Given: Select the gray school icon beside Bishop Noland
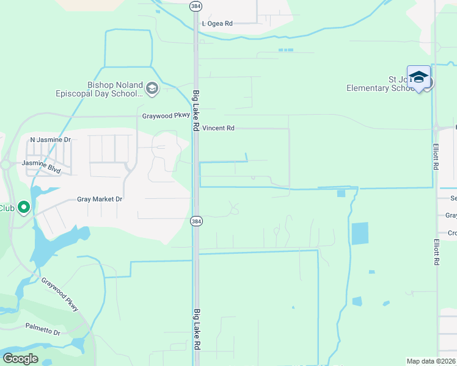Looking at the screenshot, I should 152,90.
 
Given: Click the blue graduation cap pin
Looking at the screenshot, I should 419,77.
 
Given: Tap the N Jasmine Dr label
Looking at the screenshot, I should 51,140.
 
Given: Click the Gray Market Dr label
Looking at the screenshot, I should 100,199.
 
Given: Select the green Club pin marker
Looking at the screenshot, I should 24,207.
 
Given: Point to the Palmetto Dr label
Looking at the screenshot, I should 43,329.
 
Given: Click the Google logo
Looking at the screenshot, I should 21,359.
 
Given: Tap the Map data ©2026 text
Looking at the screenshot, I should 430,361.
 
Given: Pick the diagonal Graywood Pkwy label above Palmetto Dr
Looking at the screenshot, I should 60,295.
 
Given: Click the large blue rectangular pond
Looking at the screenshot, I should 360,234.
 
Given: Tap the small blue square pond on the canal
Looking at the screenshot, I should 341,193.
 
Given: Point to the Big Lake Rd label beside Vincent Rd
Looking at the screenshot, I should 196,110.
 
